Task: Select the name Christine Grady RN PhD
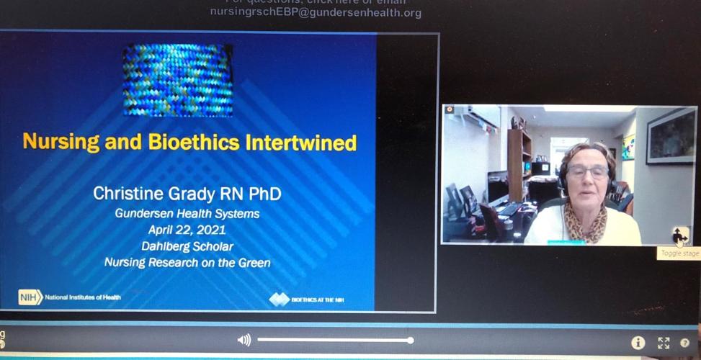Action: (x=187, y=194)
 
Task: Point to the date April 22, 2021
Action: (x=187, y=230)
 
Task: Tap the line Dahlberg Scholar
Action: (x=187, y=246)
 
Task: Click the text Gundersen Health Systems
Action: (x=187, y=214)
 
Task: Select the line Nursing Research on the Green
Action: (x=187, y=263)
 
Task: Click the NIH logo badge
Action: (x=30, y=297)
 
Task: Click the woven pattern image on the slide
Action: (x=177, y=79)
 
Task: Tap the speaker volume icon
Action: (x=244, y=340)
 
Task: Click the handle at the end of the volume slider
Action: (x=410, y=340)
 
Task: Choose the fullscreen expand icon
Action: (x=664, y=343)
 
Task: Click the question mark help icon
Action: (x=685, y=343)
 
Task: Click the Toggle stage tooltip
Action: (x=679, y=253)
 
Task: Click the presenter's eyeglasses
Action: (x=587, y=171)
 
